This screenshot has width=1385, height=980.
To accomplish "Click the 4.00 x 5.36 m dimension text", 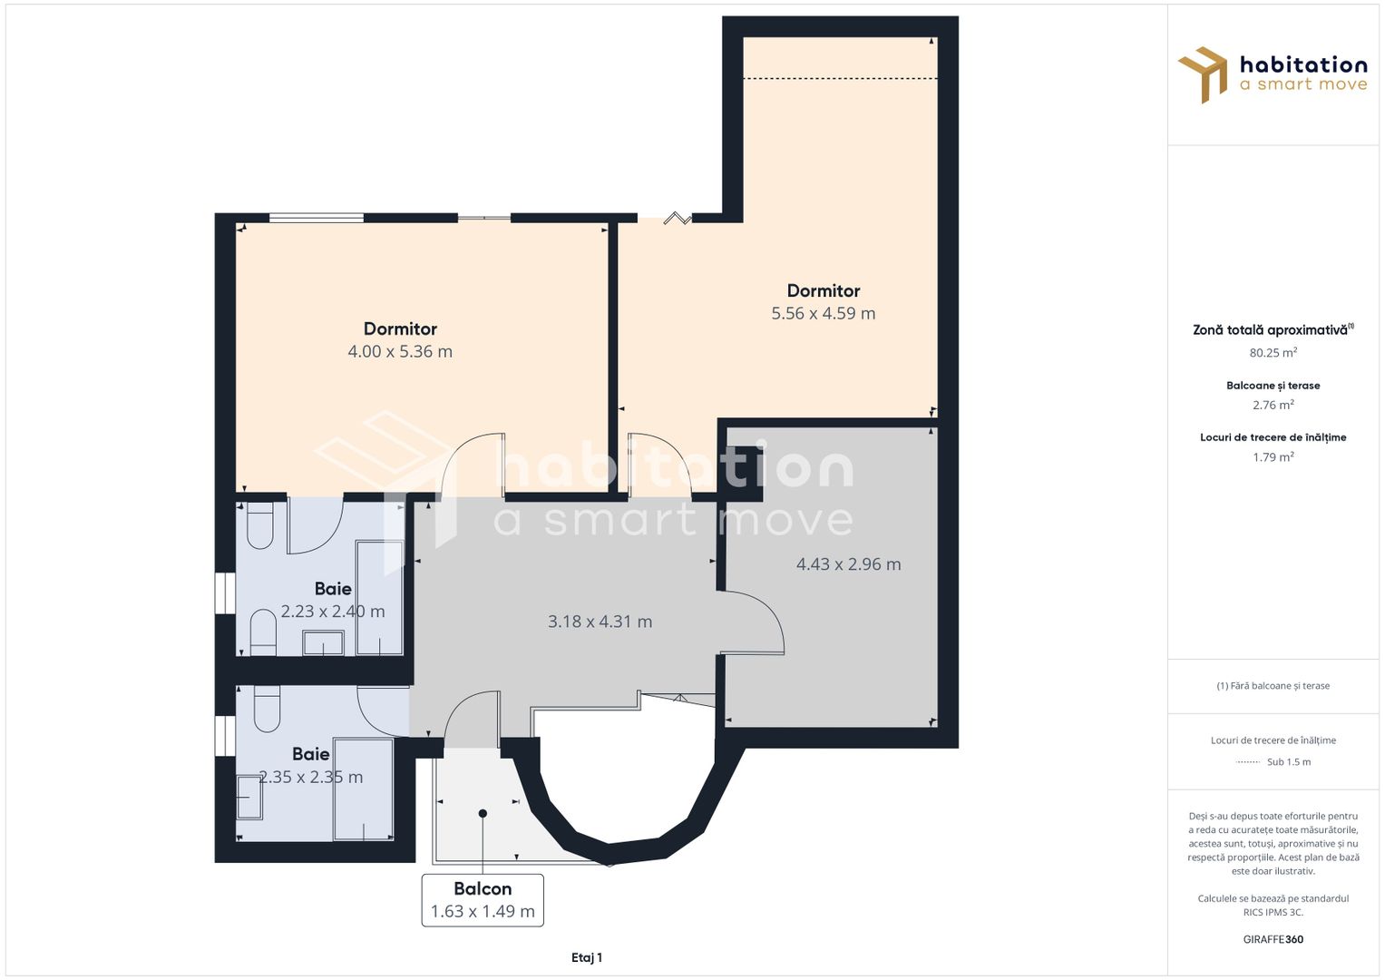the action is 400,351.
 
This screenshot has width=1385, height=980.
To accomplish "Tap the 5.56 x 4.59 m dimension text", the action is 823,313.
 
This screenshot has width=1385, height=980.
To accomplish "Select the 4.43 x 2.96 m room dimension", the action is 848,564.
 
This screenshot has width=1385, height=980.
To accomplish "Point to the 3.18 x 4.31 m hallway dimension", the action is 600,622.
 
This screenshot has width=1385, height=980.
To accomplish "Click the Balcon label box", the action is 483,900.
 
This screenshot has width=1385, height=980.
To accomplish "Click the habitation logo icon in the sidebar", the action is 1203,74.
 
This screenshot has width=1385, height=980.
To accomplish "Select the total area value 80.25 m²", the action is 1273,353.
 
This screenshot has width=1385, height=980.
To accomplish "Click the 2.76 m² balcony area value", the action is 1273,405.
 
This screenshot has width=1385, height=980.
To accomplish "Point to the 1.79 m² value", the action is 1273,456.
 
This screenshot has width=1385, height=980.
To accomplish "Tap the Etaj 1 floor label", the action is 587,957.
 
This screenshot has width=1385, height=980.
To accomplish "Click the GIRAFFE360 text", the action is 1273,939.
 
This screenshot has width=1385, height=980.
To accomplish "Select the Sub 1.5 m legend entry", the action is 1273,761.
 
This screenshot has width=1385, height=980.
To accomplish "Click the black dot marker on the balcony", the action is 483,814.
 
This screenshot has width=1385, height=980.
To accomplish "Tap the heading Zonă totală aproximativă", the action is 1273,329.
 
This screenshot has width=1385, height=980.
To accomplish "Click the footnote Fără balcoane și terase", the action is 1273,685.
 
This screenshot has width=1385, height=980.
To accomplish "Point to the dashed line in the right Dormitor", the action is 840,79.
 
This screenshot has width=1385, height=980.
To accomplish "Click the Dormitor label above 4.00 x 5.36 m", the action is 400,328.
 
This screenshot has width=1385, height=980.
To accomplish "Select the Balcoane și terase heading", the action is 1273,386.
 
